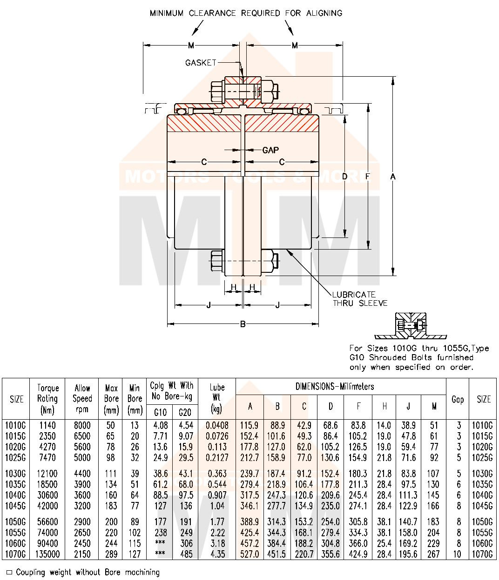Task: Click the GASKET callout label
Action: [x=201, y=63]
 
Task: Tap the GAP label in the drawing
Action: [x=270, y=150]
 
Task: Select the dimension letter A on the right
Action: [x=393, y=177]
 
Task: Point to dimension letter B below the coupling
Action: [x=243, y=324]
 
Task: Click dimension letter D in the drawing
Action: [x=344, y=177]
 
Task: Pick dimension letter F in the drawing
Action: [x=368, y=177]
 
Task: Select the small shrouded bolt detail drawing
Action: [x=410, y=327]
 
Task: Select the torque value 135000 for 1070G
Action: [x=47, y=554]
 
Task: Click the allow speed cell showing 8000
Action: [x=82, y=425]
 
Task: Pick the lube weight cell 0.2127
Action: [x=217, y=457]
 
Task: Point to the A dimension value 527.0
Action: [x=250, y=554]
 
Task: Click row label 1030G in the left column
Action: [x=16, y=474]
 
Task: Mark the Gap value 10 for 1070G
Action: [x=458, y=554]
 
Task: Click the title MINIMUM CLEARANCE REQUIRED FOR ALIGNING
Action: [x=246, y=13]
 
